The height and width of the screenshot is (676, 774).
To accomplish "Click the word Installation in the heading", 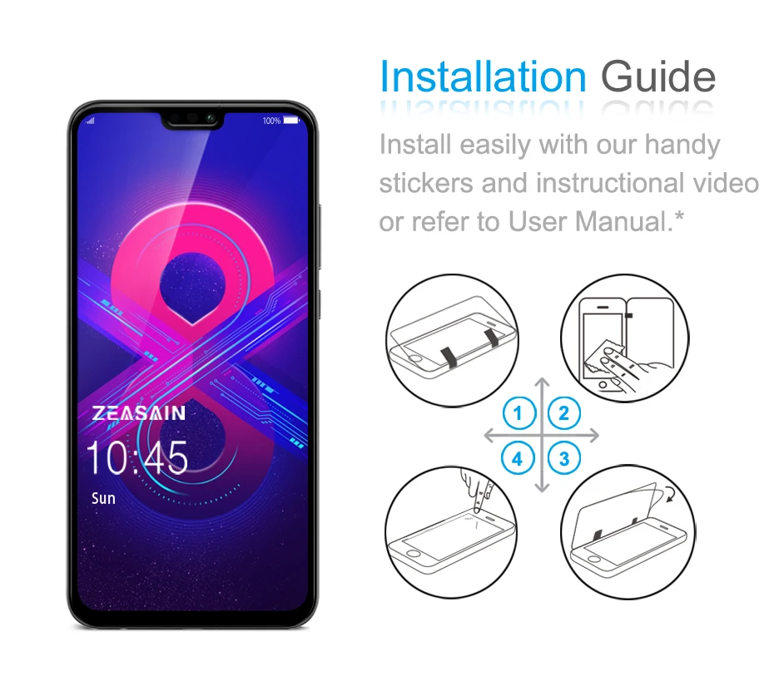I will point(483,76).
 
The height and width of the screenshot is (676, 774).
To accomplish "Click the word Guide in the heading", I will point(657,76).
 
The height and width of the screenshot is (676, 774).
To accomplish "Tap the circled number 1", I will point(518,412).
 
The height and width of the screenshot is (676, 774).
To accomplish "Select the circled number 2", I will point(564,412).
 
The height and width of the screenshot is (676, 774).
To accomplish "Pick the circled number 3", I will point(564,457).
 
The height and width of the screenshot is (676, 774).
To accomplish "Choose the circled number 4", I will point(518,457).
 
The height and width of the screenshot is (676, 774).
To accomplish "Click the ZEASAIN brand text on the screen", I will point(139,413).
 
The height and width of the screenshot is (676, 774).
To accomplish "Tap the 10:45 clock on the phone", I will point(137,458).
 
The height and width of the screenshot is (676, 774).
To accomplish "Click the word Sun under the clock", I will point(103,499).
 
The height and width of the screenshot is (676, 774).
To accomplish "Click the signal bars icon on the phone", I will point(91,121).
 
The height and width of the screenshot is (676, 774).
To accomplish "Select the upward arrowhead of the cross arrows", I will point(542,383).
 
